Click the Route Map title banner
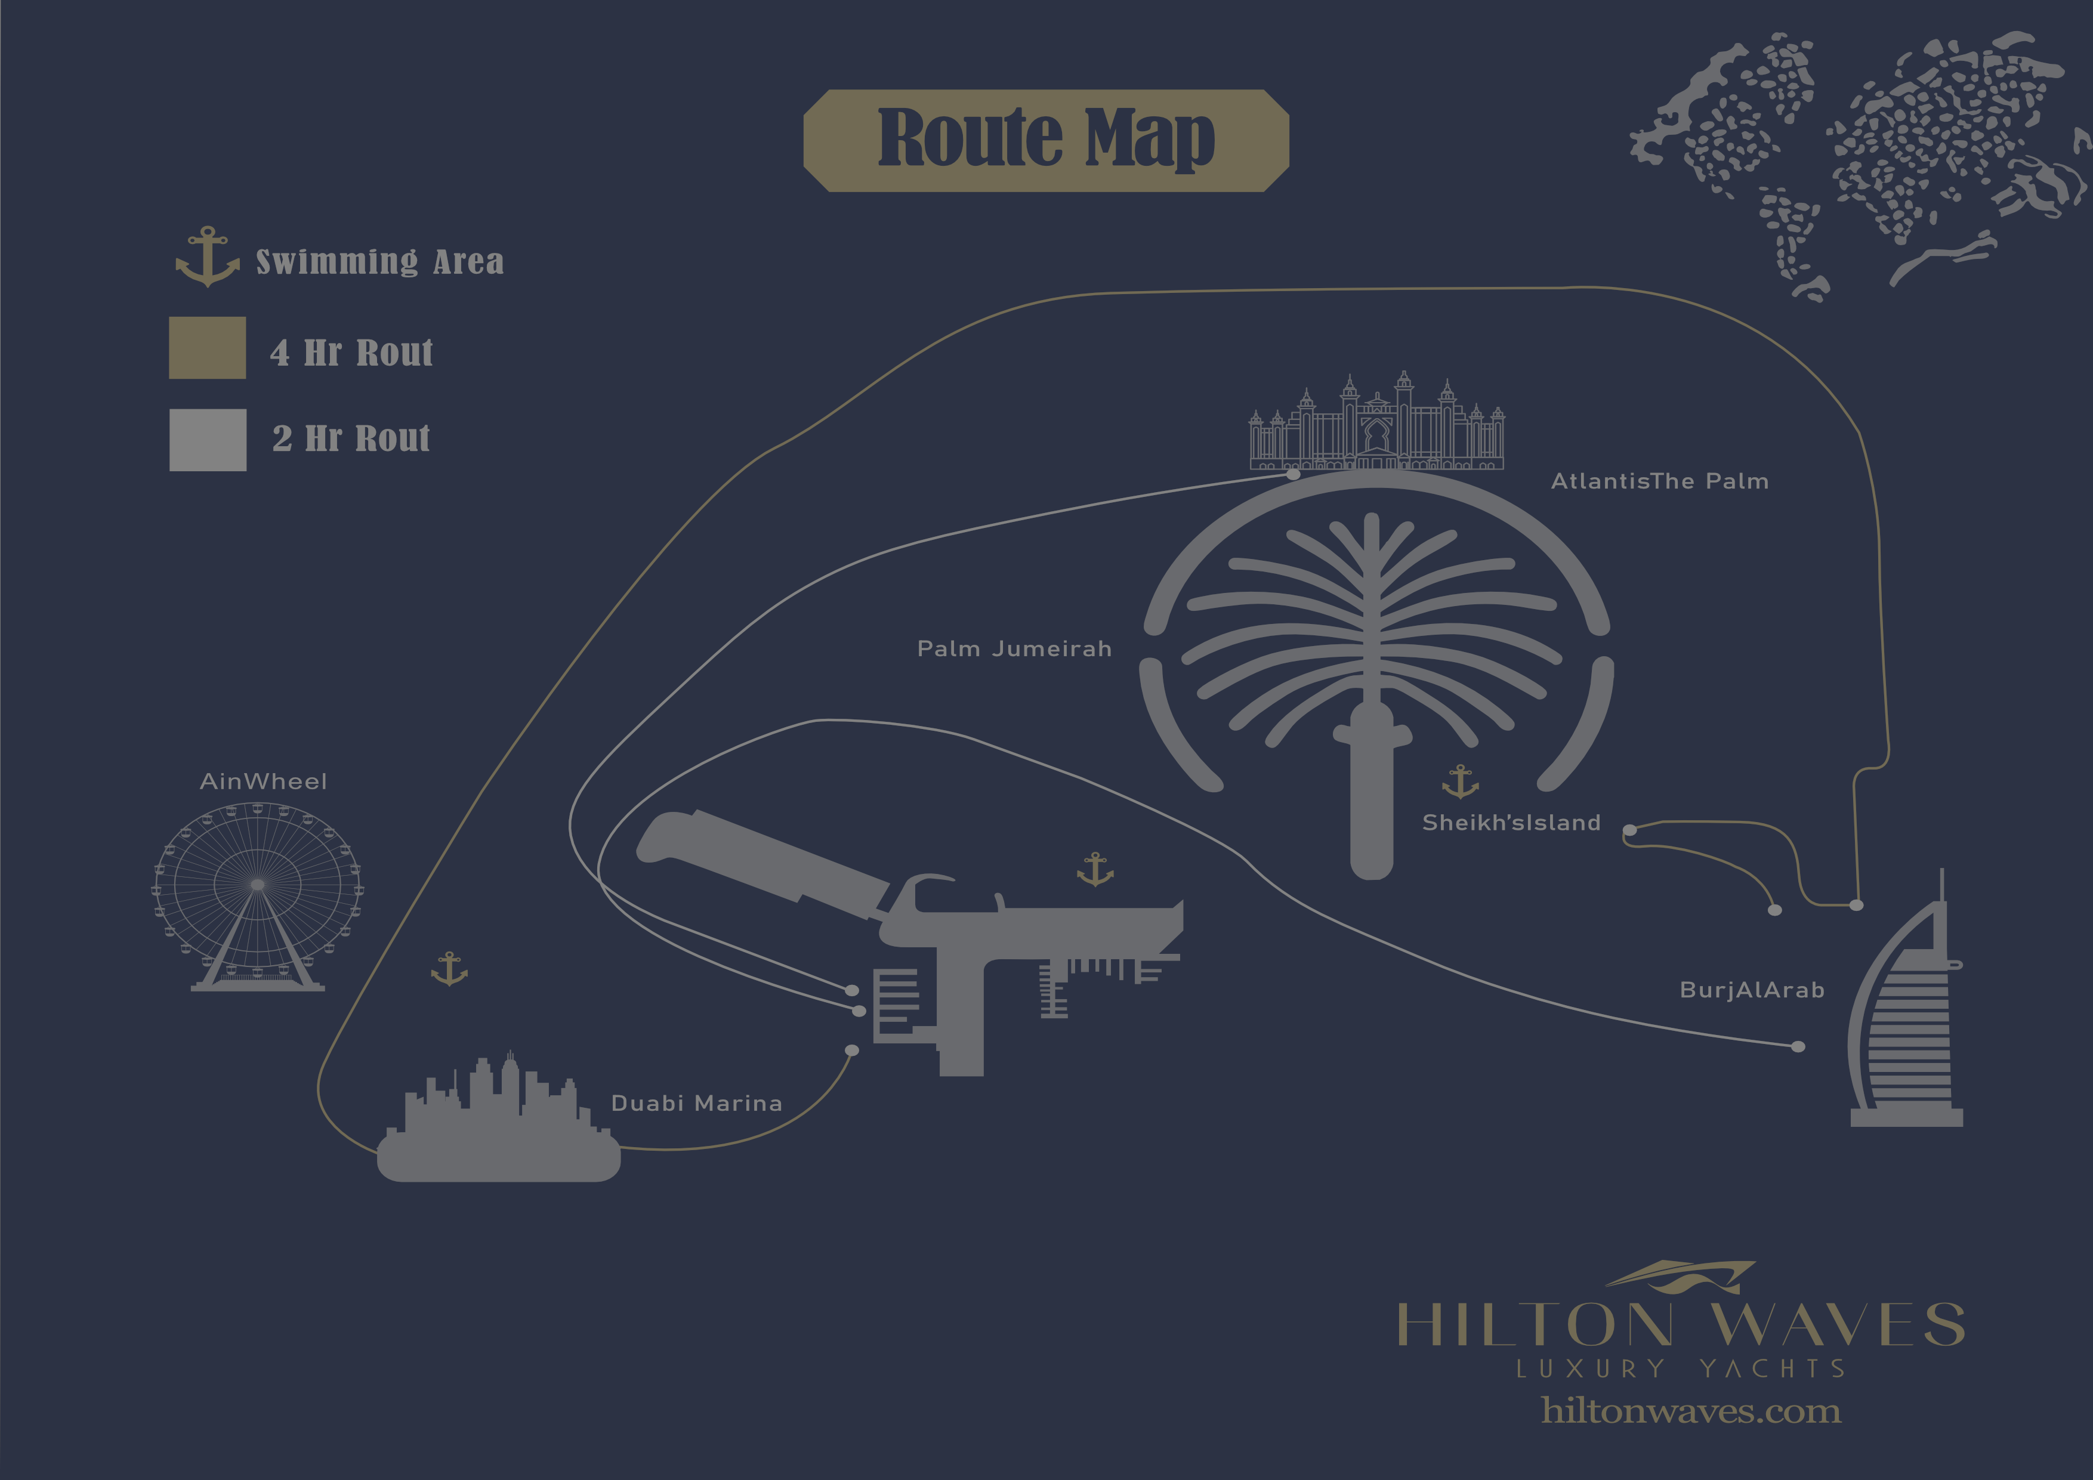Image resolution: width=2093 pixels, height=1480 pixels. (1045, 140)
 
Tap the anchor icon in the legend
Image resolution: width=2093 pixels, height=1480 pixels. (208, 257)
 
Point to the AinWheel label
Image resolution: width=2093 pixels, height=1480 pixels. (264, 781)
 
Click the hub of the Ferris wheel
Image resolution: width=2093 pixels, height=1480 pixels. (258, 884)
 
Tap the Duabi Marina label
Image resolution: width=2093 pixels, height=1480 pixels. (696, 1103)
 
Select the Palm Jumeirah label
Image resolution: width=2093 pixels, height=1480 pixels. (1014, 649)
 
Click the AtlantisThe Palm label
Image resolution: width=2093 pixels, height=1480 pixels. (1659, 481)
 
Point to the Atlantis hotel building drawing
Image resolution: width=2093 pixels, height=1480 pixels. (1376, 424)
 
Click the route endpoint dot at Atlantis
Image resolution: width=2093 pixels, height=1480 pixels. (1293, 474)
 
